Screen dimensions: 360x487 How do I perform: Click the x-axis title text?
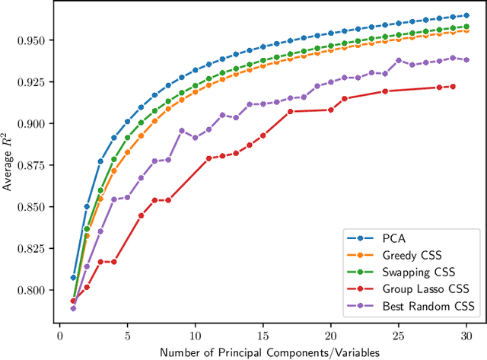click(x=263, y=351)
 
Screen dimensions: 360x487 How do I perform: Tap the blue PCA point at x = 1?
click(x=73, y=278)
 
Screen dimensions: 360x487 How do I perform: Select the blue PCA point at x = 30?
click(x=466, y=15)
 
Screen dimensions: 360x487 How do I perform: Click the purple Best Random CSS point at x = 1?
click(x=73, y=308)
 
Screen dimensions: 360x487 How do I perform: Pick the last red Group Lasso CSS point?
click(x=453, y=87)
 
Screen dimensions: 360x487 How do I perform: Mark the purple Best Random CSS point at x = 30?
click(x=466, y=59)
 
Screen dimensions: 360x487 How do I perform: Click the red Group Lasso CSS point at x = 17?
click(x=290, y=111)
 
